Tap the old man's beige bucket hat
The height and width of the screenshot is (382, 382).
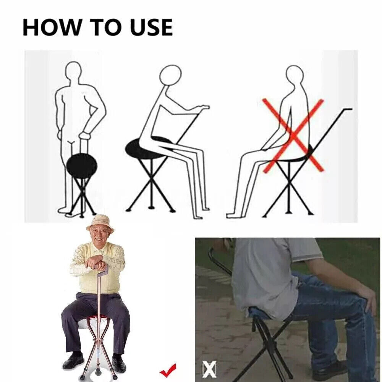[x=100, y=222]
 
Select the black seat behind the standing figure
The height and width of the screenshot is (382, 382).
[x=82, y=165]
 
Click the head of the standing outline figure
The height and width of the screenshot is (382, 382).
[x=73, y=69]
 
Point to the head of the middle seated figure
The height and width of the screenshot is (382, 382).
[x=170, y=75]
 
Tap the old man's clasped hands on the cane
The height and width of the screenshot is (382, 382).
[x=97, y=262]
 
